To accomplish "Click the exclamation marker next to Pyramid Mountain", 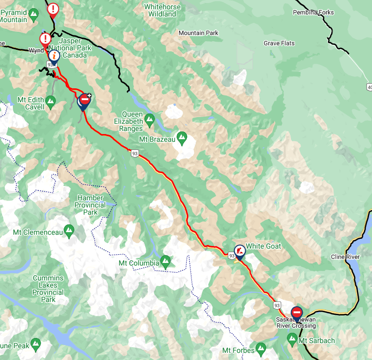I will tap(53, 9).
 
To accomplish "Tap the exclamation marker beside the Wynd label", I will tap(45, 39).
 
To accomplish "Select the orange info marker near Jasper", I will tap(54, 56).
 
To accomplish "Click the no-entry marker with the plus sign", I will tap(85, 100).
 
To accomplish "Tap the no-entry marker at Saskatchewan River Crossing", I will tap(297, 312).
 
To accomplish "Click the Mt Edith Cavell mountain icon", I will tap(50, 103).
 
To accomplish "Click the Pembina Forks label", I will tap(313, 12).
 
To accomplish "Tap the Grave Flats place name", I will tap(279, 44).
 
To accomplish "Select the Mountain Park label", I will tap(198, 33).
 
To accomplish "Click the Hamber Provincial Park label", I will tap(90, 205).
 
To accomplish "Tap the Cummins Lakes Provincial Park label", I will tap(48, 289).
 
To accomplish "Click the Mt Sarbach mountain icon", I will tap(292, 339).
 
